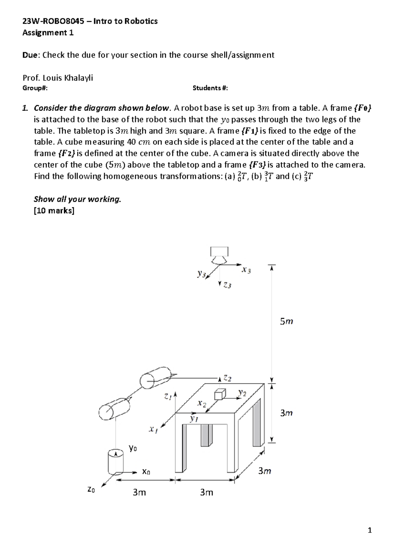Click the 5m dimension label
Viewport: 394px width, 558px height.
[286, 321]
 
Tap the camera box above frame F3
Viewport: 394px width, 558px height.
[219, 251]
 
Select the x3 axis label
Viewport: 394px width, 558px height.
[246, 270]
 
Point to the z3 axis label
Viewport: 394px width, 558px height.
[227, 285]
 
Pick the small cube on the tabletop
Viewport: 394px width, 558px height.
[220, 394]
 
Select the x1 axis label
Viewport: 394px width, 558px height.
[153, 429]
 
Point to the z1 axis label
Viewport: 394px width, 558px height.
[168, 397]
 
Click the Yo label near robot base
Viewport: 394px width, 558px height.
[133, 448]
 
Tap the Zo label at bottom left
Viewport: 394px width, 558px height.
[91, 489]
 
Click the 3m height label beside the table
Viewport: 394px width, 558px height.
[286, 413]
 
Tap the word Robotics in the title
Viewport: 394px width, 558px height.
[142, 21]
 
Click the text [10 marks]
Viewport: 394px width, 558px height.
[54, 211]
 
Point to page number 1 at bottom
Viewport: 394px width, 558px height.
[370, 530]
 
